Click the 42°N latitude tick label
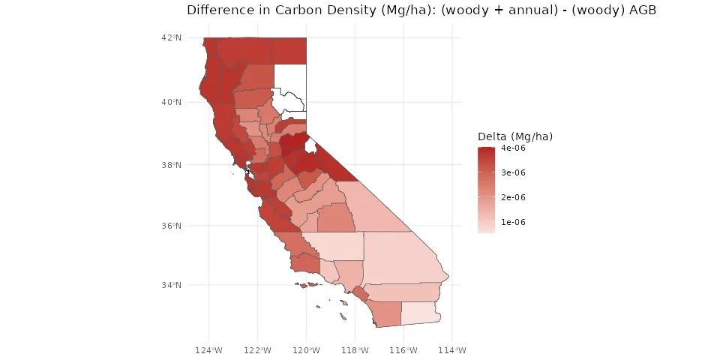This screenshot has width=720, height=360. tap(173, 37)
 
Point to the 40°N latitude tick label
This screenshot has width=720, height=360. tap(173, 102)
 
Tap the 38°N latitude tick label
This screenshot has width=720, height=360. tap(173, 165)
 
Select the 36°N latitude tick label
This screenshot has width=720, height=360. tap(173, 226)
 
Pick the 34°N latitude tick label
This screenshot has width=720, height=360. tap(173, 285)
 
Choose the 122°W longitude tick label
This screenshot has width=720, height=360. tap(258, 350)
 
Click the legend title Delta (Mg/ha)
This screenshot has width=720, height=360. tap(515, 136)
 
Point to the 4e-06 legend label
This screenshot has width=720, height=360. tap(512, 148)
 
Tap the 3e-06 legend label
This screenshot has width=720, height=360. tap(512, 173)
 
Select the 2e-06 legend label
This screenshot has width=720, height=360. tap(512, 197)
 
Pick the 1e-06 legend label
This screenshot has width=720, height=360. tap(512, 222)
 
